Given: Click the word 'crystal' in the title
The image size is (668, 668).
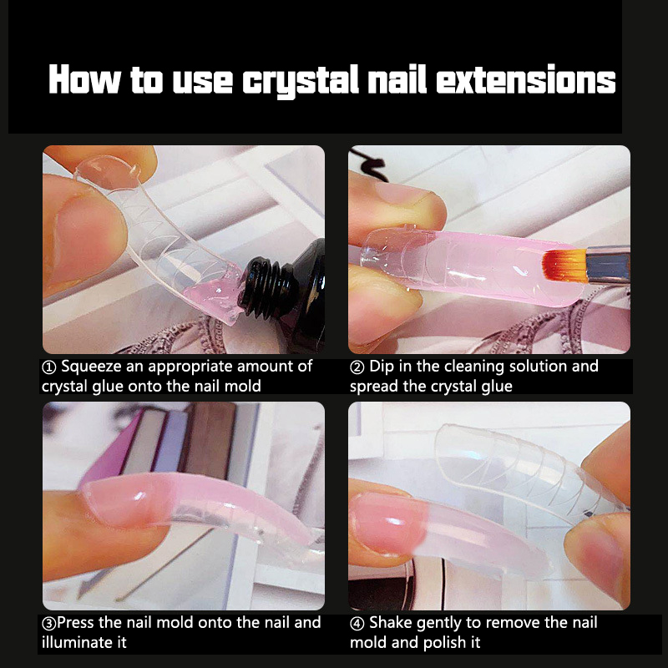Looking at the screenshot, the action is click(x=301, y=81).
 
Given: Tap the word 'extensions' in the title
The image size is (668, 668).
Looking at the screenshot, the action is click(x=526, y=79).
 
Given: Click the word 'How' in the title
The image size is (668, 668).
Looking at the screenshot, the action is click(x=84, y=79).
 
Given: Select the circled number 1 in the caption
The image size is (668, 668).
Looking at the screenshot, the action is click(x=49, y=367).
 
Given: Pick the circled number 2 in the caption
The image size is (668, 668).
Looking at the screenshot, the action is click(x=357, y=367).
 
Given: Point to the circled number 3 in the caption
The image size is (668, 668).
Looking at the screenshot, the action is click(x=49, y=624).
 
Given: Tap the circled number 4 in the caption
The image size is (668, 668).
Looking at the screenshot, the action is click(x=357, y=624).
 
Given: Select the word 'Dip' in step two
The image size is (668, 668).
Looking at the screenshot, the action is click(x=382, y=367).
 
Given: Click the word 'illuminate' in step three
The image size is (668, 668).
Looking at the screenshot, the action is click(x=76, y=642).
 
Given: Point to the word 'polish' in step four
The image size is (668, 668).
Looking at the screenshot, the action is click(x=442, y=643).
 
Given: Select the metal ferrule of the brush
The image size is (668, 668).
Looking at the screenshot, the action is click(x=608, y=265).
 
